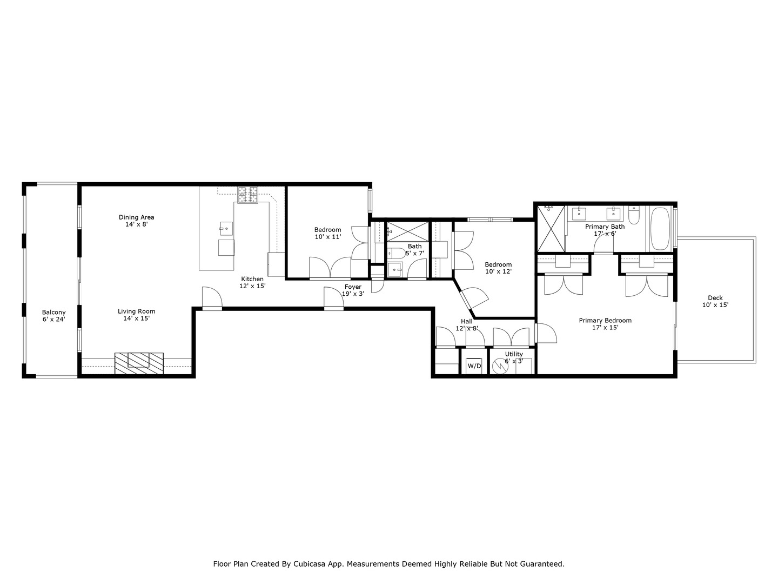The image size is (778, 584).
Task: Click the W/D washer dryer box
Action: click(x=474, y=366)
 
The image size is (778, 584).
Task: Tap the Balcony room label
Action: click(x=54, y=312)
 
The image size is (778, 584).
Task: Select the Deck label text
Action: click(x=715, y=298)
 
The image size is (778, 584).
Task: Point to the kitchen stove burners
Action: click(x=248, y=195)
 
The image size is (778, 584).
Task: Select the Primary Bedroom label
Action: click(x=605, y=321)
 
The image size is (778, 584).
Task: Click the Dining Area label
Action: click(x=137, y=217)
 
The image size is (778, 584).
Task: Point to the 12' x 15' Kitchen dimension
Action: click(x=252, y=286)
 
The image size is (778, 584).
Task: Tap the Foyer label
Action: click(x=353, y=287)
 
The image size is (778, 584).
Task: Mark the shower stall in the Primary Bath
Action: click(x=551, y=229)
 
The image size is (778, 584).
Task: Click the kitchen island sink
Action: click(x=226, y=228)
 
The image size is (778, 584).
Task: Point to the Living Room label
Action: click(x=137, y=311)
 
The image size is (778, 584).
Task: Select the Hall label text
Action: click(x=466, y=321)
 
